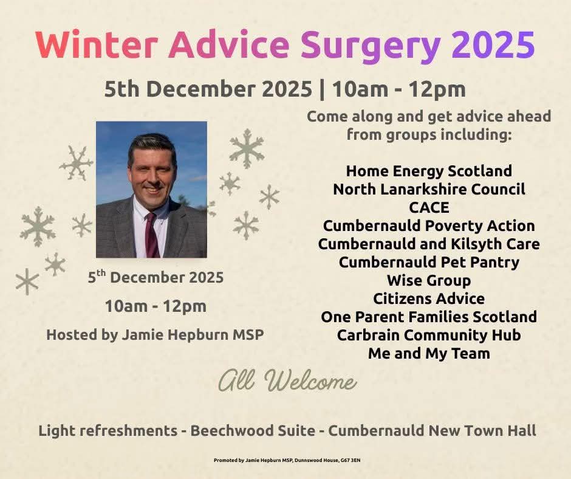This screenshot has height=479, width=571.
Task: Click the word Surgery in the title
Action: coord(370,46)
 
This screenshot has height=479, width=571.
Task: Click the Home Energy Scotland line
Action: coord(429,171)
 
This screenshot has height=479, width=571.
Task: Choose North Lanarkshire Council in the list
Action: coord(429,189)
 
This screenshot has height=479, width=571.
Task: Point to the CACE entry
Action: coord(429,207)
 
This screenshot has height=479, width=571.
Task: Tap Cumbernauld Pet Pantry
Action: coord(429,262)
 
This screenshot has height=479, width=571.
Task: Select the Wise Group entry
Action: coord(429,280)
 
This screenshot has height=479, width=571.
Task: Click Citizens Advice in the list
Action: coord(429,298)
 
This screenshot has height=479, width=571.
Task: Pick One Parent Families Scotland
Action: coord(429,317)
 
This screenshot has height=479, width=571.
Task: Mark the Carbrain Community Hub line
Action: coord(429,335)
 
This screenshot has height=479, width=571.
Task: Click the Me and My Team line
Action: coord(429,353)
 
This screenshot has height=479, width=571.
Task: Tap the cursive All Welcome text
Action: coord(287,382)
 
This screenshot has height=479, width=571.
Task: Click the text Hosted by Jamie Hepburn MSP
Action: coord(156,334)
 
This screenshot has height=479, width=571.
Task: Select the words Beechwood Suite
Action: coord(253,431)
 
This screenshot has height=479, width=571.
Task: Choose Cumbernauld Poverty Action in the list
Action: coord(429,226)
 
